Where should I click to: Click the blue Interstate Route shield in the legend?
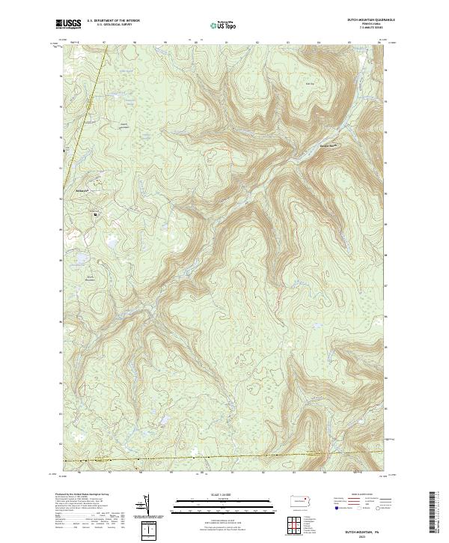point(333,509)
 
